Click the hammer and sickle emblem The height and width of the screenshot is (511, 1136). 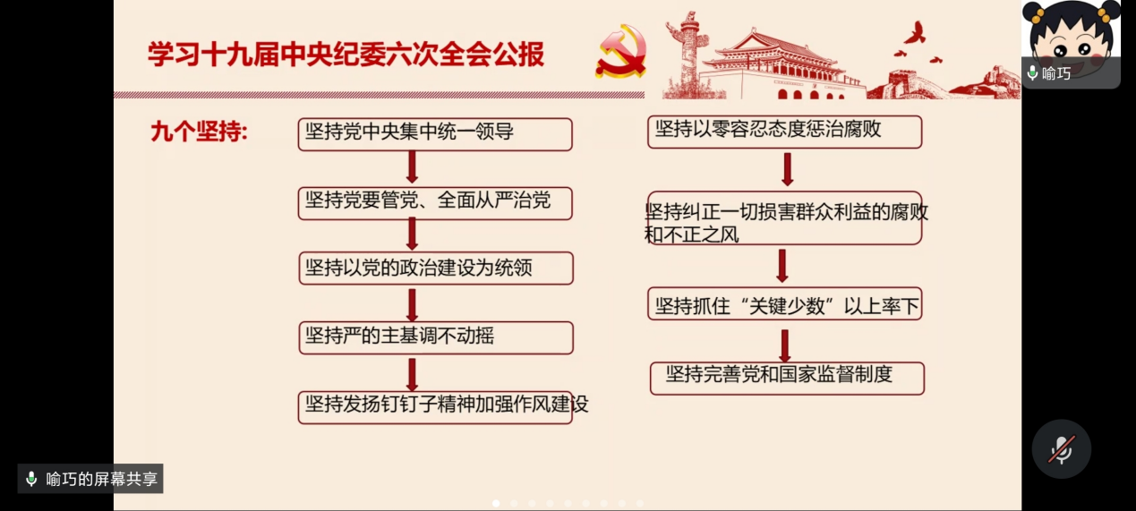(x=621, y=52)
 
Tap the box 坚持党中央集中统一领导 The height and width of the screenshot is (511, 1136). (x=435, y=134)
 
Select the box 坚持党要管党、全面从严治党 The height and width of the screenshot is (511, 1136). (x=435, y=203)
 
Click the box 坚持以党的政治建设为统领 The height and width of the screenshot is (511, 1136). (x=436, y=268)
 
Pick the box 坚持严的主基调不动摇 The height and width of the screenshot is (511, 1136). (x=436, y=337)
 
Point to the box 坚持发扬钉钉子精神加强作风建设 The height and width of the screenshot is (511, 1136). (x=435, y=407)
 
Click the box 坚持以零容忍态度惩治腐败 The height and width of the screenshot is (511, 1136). (x=784, y=132)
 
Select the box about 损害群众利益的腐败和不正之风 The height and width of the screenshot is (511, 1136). (x=784, y=218)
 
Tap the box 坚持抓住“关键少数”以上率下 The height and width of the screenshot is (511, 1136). (x=784, y=303)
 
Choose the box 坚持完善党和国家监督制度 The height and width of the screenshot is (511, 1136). (x=787, y=379)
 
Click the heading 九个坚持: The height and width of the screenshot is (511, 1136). (x=199, y=132)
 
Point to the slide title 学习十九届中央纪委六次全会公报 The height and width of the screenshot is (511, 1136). (x=346, y=55)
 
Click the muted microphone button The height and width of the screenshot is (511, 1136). (x=1061, y=448)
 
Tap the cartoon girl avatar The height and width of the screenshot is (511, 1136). (x=1071, y=40)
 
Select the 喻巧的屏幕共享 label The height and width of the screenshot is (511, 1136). (x=90, y=479)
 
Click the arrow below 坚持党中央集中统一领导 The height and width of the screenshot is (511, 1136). (x=413, y=167)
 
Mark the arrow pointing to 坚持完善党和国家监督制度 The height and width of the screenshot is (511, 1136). (x=785, y=345)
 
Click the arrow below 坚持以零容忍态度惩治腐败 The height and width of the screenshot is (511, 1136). (x=787, y=169)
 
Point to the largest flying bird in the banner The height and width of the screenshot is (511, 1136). (x=916, y=32)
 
